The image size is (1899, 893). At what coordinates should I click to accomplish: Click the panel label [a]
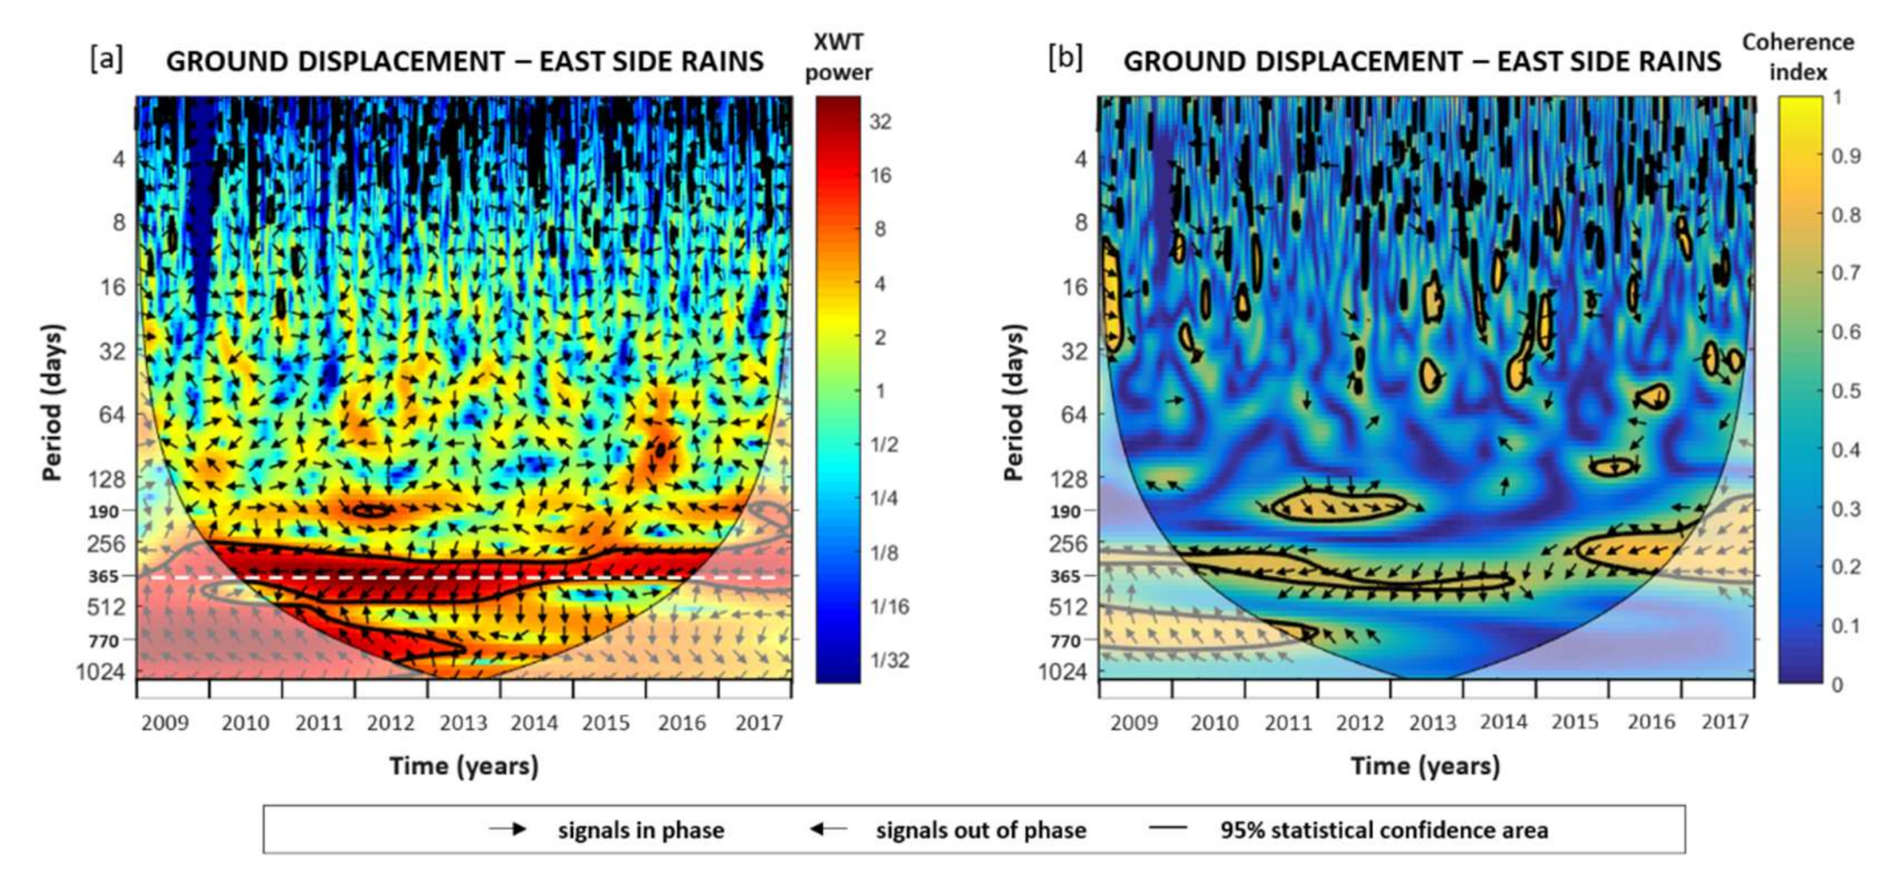[107, 58]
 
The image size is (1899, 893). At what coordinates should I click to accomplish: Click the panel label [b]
[1065, 58]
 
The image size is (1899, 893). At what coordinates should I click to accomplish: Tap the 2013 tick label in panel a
[463, 723]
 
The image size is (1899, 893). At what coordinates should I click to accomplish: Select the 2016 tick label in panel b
[1651, 722]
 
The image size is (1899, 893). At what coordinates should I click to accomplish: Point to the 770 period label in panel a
[104, 641]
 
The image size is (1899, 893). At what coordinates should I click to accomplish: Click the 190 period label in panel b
[1065, 511]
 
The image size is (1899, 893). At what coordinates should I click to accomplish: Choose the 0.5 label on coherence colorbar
[1846, 391]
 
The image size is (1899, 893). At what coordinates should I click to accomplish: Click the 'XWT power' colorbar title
[838, 57]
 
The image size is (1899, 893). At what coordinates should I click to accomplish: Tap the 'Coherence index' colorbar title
[1798, 57]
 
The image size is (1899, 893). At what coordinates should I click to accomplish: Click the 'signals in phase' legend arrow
[508, 829]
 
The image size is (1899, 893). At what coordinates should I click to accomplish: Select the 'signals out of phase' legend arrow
[828, 829]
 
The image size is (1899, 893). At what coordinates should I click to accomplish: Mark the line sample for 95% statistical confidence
[1167, 827]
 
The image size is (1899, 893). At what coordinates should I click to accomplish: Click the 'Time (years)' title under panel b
[1425, 766]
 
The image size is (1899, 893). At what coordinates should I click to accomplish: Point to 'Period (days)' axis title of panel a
[52, 402]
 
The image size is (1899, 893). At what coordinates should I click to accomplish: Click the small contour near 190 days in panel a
[372, 509]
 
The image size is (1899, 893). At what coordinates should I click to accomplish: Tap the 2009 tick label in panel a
[165, 723]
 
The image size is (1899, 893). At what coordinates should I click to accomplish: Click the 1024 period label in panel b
[1062, 671]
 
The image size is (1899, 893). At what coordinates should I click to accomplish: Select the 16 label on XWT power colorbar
[880, 175]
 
